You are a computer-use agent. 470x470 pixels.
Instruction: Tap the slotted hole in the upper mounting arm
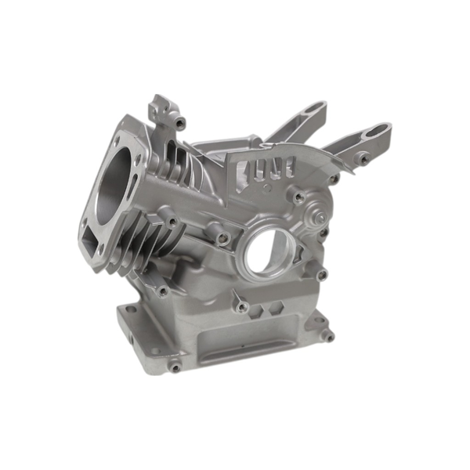click(x=311, y=107)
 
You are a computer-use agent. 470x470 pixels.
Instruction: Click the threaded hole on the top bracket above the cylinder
click(x=180, y=122)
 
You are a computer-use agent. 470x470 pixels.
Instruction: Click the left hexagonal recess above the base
click(x=257, y=309)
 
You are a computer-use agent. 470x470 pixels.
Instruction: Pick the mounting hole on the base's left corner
click(x=130, y=311)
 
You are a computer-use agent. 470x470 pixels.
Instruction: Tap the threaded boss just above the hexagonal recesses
click(x=243, y=305)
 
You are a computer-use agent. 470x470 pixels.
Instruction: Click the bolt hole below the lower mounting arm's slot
click(x=362, y=160)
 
